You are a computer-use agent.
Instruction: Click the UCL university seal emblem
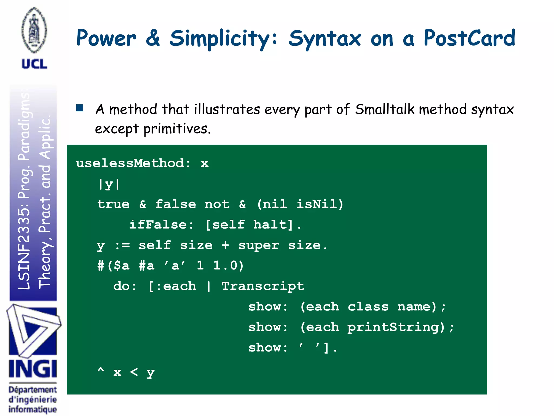coord(34,30)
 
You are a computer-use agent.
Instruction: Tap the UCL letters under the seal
coord(34,64)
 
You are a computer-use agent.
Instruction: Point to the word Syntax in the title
coord(325,39)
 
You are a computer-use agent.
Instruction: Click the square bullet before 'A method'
coord(80,108)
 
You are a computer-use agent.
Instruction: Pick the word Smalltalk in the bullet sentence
coord(385,109)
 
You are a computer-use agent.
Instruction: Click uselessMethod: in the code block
coord(133,163)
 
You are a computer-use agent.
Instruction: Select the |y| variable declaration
coord(109,184)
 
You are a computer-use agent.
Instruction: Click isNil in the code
coord(316,204)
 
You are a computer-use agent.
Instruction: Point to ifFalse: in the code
coord(161,225)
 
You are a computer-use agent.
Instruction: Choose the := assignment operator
coord(122,245)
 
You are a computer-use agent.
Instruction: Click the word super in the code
coord(259,245)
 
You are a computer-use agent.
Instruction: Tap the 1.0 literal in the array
coord(228,265)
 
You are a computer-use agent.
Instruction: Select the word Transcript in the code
coord(263,286)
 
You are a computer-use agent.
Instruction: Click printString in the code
coord(396,327)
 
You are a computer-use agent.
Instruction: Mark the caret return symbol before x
coord(101,370)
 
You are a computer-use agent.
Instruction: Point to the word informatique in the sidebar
coord(33,409)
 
